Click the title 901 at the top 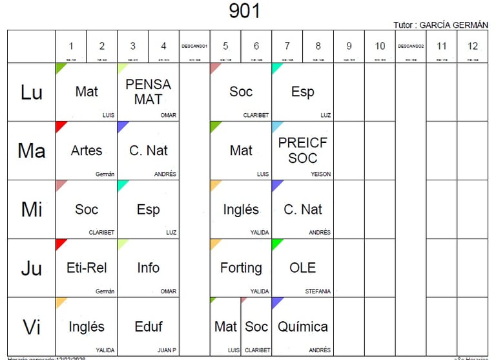click(245, 11)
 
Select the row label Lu click(31, 92)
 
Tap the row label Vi click(31, 327)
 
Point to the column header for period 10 click(380, 46)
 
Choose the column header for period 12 click(472, 46)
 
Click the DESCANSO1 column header click(194, 46)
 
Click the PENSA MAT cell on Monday click(148, 92)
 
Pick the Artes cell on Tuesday click(87, 151)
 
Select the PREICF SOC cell click(302, 151)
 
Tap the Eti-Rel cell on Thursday click(87, 268)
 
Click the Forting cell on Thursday click(241, 268)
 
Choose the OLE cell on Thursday click(302, 268)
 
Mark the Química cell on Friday click(302, 326)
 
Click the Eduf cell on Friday click(148, 326)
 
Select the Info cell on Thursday click(148, 268)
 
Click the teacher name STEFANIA click(318, 291)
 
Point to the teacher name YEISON click(320, 175)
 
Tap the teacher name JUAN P click(167, 350)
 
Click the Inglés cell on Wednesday click(241, 209)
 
